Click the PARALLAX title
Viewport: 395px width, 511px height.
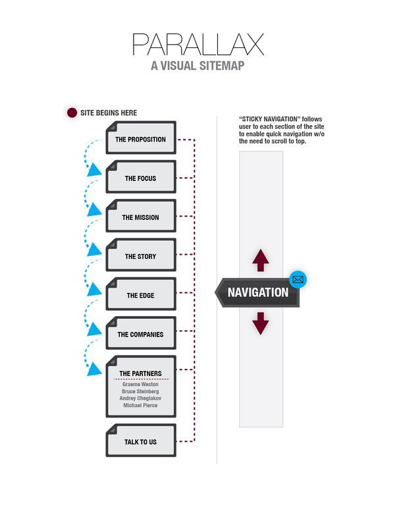pos(197,44)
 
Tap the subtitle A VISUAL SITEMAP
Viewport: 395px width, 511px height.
pos(197,66)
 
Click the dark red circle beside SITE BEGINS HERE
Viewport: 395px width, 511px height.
pos(72,113)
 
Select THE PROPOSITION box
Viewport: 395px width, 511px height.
pos(141,138)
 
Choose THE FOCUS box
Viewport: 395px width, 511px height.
pos(141,176)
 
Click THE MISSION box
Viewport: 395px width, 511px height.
pos(141,216)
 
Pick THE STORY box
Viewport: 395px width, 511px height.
pos(141,255)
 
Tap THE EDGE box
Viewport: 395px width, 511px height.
pos(141,294)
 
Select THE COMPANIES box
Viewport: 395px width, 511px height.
pos(141,333)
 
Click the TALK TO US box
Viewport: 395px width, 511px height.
pos(141,441)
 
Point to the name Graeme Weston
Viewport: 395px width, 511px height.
pos(140,385)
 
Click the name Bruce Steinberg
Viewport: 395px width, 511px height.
pos(140,391)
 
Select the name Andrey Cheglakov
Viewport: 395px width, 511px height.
pos(140,398)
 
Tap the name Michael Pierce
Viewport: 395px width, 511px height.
pos(140,406)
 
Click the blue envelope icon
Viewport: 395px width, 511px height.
pos(298,279)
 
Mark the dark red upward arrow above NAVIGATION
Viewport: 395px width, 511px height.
pos(261,260)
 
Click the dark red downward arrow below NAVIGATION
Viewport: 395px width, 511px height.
pos(261,323)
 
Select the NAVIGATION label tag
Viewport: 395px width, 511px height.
pos(257,292)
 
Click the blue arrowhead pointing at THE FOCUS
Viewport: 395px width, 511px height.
pos(94,170)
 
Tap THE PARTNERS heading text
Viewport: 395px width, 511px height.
pos(140,373)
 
